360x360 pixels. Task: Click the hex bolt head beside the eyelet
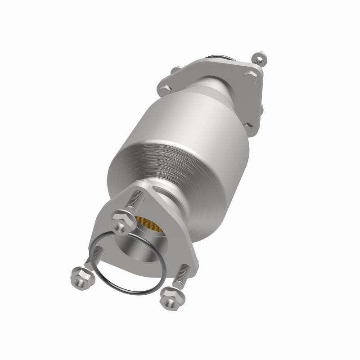pos(250,75)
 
